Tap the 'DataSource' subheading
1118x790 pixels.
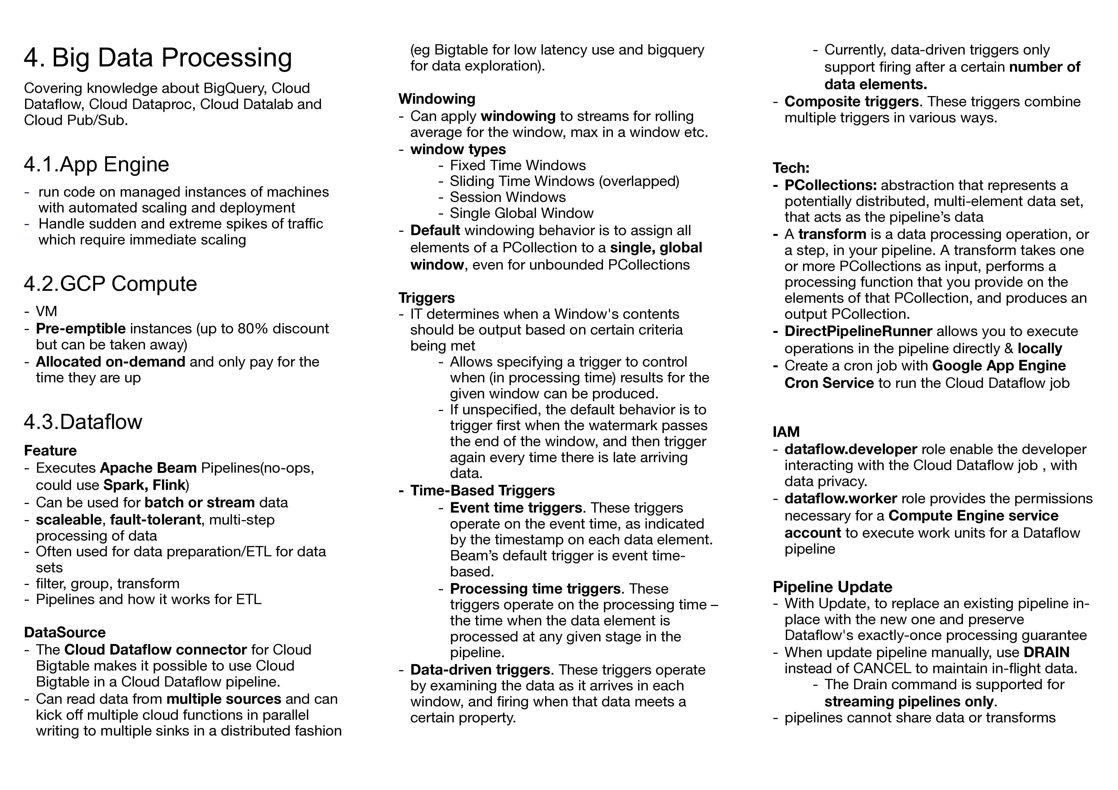click(x=65, y=632)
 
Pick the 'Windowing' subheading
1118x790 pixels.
click(x=437, y=99)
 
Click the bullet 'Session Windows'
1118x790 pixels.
click(x=507, y=197)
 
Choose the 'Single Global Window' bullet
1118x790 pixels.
click(x=521, y=213)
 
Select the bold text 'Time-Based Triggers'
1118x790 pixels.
click(x=483, y=491)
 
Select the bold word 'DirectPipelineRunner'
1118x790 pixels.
click(x=858, y=331)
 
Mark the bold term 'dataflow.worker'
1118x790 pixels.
click(x=841, y=499)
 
